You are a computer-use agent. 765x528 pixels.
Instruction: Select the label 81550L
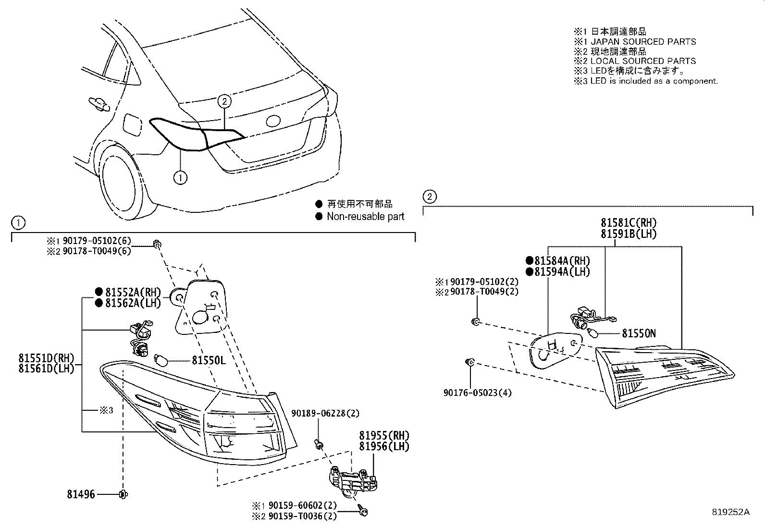click(x=209, y=360)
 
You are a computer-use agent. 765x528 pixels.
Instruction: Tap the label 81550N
click(x=639, y=333)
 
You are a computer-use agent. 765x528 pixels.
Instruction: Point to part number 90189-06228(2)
click(x=325, y=413)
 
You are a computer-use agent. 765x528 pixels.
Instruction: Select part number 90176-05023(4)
click(x=477, y=393)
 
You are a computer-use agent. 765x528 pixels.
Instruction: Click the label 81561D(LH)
click(x=47, y=369)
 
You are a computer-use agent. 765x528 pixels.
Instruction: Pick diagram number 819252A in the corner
click(x=730, y=512)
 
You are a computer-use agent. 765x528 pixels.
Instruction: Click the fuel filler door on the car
click(x=132, y=124)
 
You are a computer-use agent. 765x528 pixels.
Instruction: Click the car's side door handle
click(x=98, y=102)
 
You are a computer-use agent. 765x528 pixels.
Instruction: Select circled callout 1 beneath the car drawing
click(x=180, y=178)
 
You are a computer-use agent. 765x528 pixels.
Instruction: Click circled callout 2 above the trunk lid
click(x=224, y=101)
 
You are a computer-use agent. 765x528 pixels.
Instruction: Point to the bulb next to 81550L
click(x=160, y=360)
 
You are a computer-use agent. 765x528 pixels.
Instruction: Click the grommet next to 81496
click(x=123, y=494)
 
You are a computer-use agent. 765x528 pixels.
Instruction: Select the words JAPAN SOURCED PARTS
click(x=643, y=42)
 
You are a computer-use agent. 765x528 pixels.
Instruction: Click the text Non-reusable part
click(x=365, y=217)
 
